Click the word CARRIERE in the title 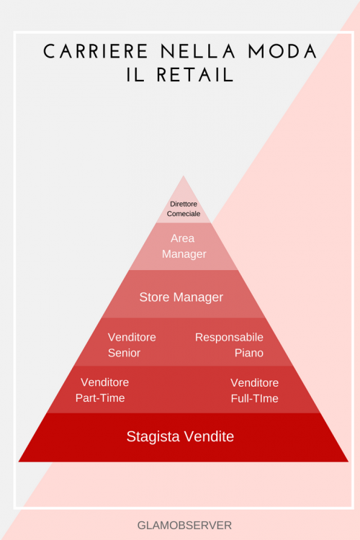(96, 52)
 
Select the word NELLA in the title (198, 52)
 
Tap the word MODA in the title (282, 52)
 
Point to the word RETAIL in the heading (195, 75)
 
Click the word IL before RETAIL (135, 75)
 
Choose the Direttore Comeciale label (184, 209)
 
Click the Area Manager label (184, 246)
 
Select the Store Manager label (181, 297)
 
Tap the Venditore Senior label (132, 345)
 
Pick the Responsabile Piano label (229, 345)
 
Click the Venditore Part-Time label (102, 390)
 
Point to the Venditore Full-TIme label (255, 390)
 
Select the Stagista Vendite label (180, 436)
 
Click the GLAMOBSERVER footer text (184, 525)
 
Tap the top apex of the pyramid (184, 176)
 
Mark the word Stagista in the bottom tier (153, 437)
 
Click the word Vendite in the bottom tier (209, 436)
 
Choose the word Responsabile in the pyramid (229, 338)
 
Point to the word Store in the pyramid (154, 297)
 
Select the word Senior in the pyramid (124, 353)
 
